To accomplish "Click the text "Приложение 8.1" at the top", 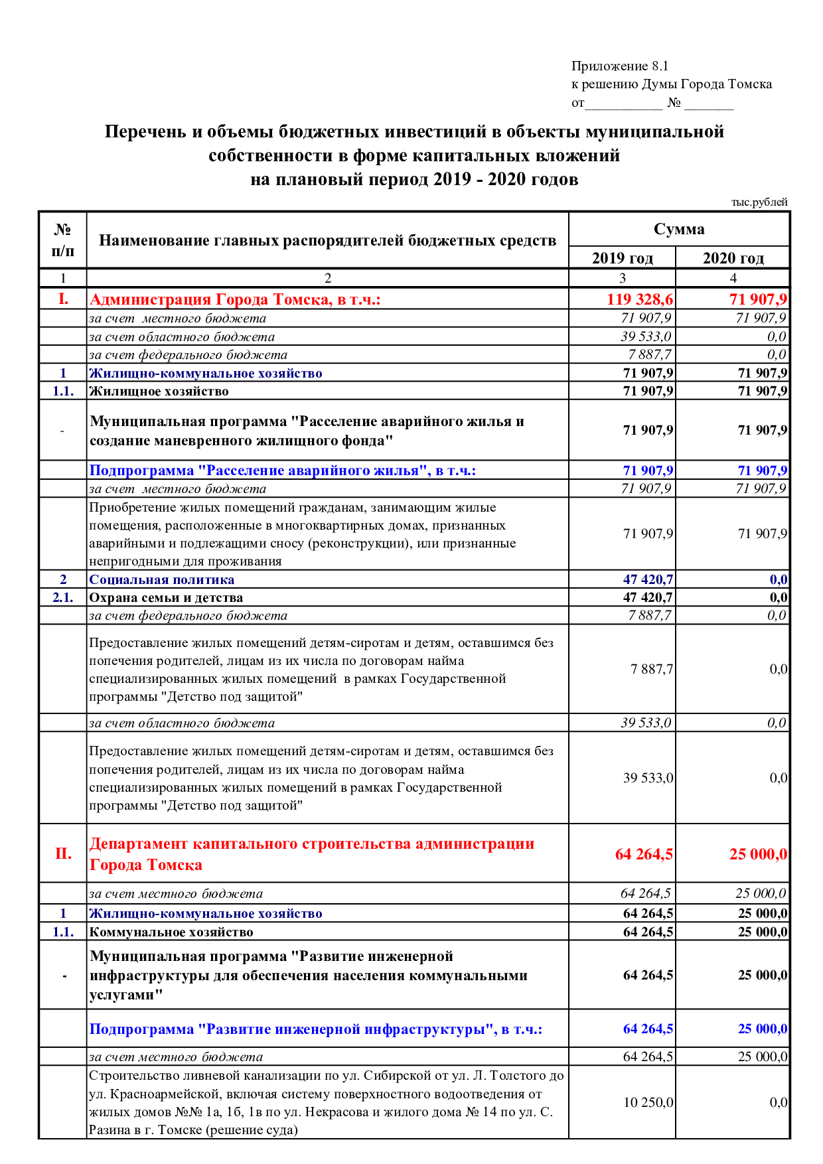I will [x=619, y=66].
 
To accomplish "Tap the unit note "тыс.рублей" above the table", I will [x=759, y=202].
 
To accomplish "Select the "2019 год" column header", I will [x=622, y=258].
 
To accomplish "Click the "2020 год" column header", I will [x=733, y=258].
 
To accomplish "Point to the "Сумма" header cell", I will [x=679, y=230].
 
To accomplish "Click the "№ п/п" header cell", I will [x=62, y=240].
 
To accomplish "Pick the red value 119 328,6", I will [x=640, y=299].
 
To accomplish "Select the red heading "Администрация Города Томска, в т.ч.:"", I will [x=235, y=299].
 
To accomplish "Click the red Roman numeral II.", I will [x=63, y=853].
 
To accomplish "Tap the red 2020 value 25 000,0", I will [x=758, y=854].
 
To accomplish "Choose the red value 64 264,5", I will [x=644, y=854].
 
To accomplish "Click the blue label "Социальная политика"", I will [x=162, y=579].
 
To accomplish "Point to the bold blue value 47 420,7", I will [x=648, y=579].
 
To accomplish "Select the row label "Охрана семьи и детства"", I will [x=166, y=597].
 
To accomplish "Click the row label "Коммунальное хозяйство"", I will [x=171, y=932].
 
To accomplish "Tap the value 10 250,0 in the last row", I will [x=648, y=1102].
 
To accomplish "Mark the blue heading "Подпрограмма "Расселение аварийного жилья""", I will [x=283, y=471].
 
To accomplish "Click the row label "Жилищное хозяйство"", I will [x=159, y=391].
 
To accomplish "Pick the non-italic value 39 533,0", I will [x=648, y=778].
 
